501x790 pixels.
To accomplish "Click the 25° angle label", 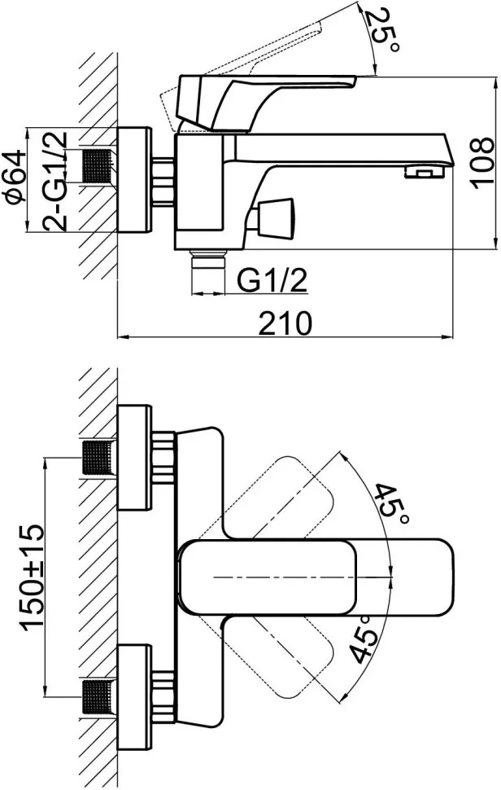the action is coord(381,31).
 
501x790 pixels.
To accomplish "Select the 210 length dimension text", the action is coord(285,323).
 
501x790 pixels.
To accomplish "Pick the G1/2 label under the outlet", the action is coord(271,281).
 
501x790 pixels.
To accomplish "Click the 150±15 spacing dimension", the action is coord(32,577).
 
